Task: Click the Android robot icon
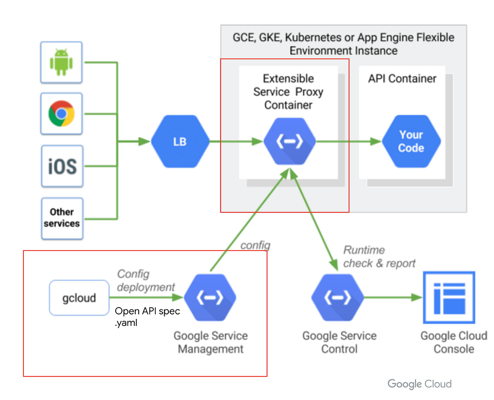pyautogui.click(x=61, y=62)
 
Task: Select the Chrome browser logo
pyautogui.click(x=61, y=114)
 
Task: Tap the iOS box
pyautogui.click(x=62, y=166)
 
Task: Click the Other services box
pyautogui.click(x=62, y=218)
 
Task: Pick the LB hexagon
pyautogui.click(x=180, y=142)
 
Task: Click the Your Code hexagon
pyautogui.click(x=411, y=142)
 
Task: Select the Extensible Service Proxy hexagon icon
pyautogui.click(x=289, y=142)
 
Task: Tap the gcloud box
pyautogui.click(x=79, y=298)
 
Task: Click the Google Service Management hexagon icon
pyautogui.click(x=210, y=298)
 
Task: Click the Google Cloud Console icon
pyautogui.click(x=449, y=297)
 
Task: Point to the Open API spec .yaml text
pyautogui.click(x=147, y=317)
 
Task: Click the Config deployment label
pyautogui.click(x=146, y=281)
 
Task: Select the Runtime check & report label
pyautogui.click(x=379, y=257)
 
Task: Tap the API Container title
pyautogui.click(x=402, y=79)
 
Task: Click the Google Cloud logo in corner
pyautogui.click(x=419, y=384)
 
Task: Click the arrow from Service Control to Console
pyautogui.click(x=393, y=297)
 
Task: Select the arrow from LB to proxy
pyautogui.click(x=236, y=142)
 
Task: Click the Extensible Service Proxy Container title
pyautogui.click(x=288, y=91)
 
